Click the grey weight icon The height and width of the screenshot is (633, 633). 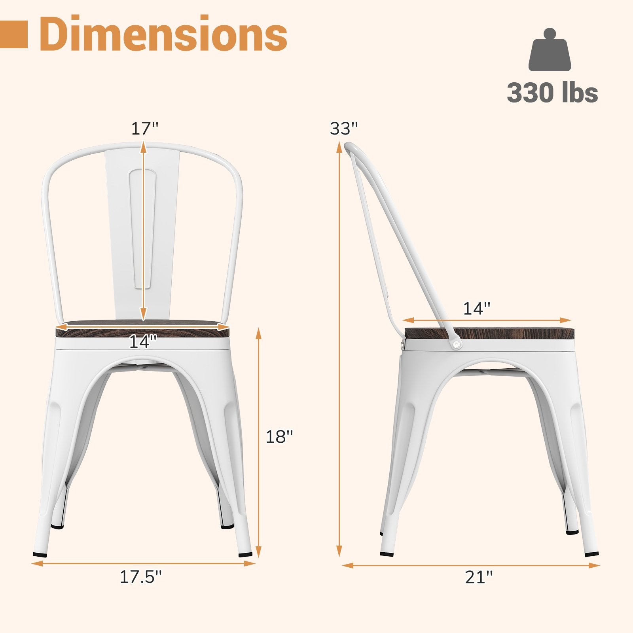550,50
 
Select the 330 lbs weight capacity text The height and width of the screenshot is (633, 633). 552,93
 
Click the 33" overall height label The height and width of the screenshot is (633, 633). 344,129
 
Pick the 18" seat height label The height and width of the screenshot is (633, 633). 279,437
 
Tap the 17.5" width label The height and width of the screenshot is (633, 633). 141,577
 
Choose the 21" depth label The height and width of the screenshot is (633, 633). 479,577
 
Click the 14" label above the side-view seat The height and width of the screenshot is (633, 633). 477,309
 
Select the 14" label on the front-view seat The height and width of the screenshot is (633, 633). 143,341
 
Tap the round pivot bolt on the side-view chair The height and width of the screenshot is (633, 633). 457,345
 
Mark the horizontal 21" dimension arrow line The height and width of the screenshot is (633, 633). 471,566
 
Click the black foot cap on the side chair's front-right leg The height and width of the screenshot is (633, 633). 591,554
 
